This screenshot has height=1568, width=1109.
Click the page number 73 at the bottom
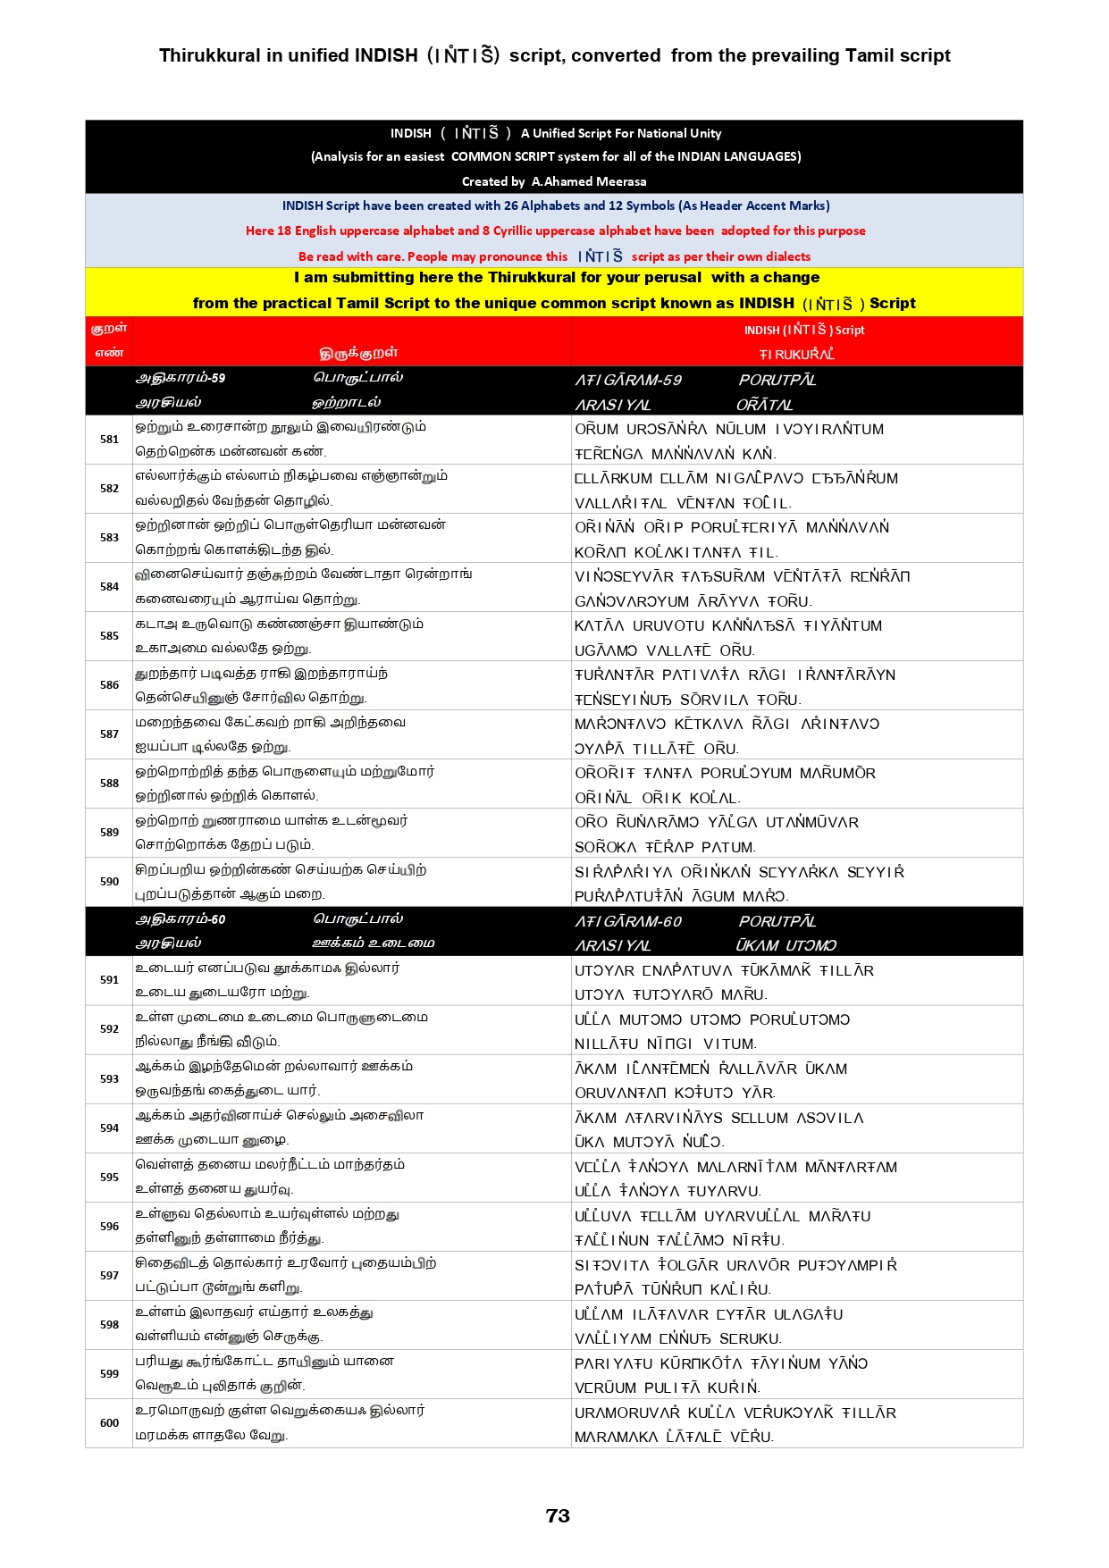tap(558, 1515)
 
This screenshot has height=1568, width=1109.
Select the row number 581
tap(109, 439)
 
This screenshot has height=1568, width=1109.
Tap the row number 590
tap(109, 881)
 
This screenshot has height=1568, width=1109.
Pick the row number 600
tap(109, 1422)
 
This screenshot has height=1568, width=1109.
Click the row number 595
tap(109, 1177)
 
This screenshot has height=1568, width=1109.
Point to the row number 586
tap(109, 684)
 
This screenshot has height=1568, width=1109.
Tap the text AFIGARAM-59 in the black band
tap(628, 380)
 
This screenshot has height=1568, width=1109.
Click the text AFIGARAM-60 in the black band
tap(628, 921)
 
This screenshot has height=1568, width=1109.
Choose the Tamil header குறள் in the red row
tap(109, 328)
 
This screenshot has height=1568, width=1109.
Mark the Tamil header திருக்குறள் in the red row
tap(358, 353)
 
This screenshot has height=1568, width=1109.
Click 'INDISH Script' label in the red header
tap(804, 330)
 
